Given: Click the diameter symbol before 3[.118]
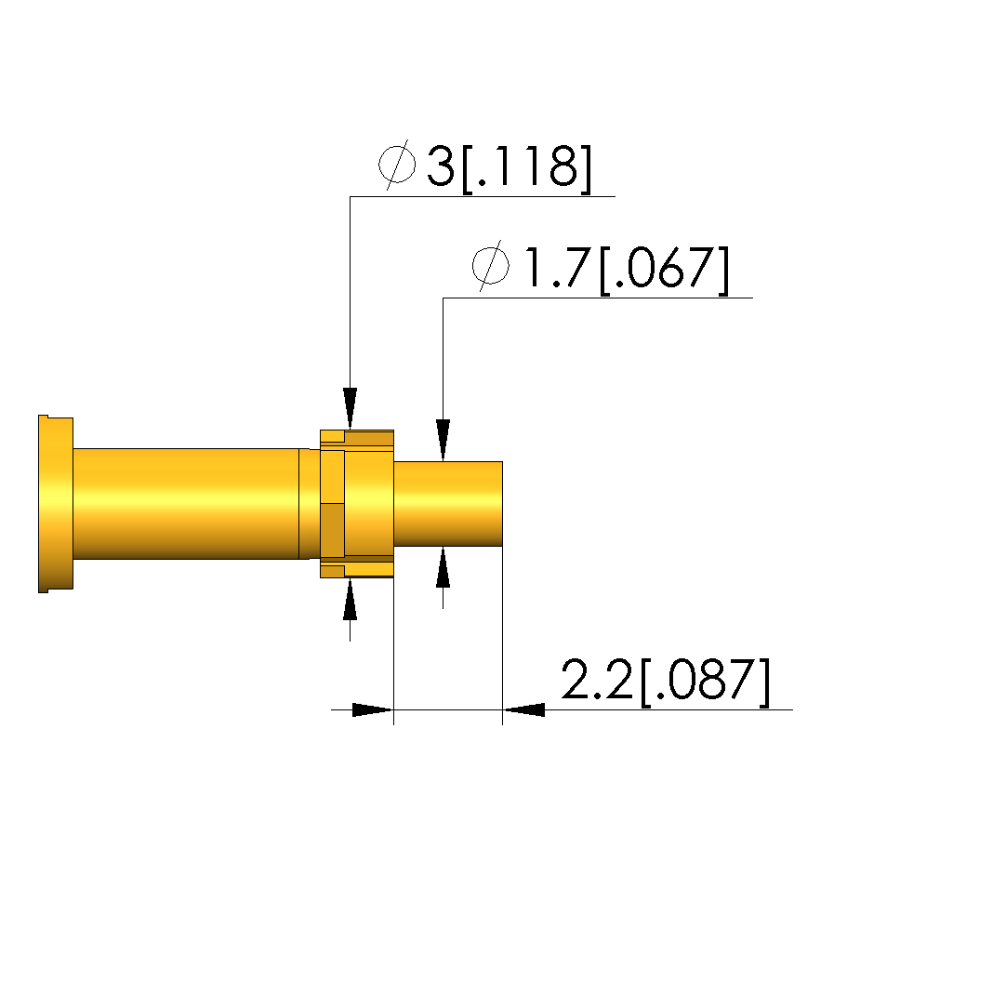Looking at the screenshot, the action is point(397,166).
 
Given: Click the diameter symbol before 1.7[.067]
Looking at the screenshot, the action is point(491,266).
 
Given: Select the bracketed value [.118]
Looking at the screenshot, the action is point(526,167).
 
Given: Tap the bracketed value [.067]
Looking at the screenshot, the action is point(665,269).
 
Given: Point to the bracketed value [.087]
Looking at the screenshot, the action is point(705,682).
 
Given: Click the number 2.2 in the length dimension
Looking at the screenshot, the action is point(597,680).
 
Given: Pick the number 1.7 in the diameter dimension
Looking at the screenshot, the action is point(558,267).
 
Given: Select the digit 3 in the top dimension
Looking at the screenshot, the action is point(441,166).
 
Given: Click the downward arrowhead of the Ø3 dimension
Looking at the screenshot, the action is point(350,408).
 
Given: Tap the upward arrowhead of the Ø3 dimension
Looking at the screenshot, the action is point(350,599).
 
